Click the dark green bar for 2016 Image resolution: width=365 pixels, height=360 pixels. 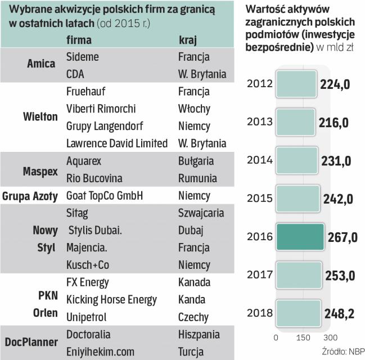point(299,237)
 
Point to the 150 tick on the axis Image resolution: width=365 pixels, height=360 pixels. point(303,337)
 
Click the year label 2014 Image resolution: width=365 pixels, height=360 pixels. point(260,160)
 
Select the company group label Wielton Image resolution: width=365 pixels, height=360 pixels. point(40,117)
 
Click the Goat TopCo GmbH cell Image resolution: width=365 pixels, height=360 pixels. point(105,196)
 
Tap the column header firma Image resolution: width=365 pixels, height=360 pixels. point(79,40)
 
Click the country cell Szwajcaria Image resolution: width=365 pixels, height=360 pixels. point(201,213)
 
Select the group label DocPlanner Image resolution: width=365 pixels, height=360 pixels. point(32,342)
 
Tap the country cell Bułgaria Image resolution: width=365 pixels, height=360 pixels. point(196,161)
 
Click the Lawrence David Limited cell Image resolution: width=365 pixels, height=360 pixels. point(117,143)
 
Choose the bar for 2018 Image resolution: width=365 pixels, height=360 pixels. point(298,313)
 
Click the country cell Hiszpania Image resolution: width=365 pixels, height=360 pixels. point(199,335)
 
